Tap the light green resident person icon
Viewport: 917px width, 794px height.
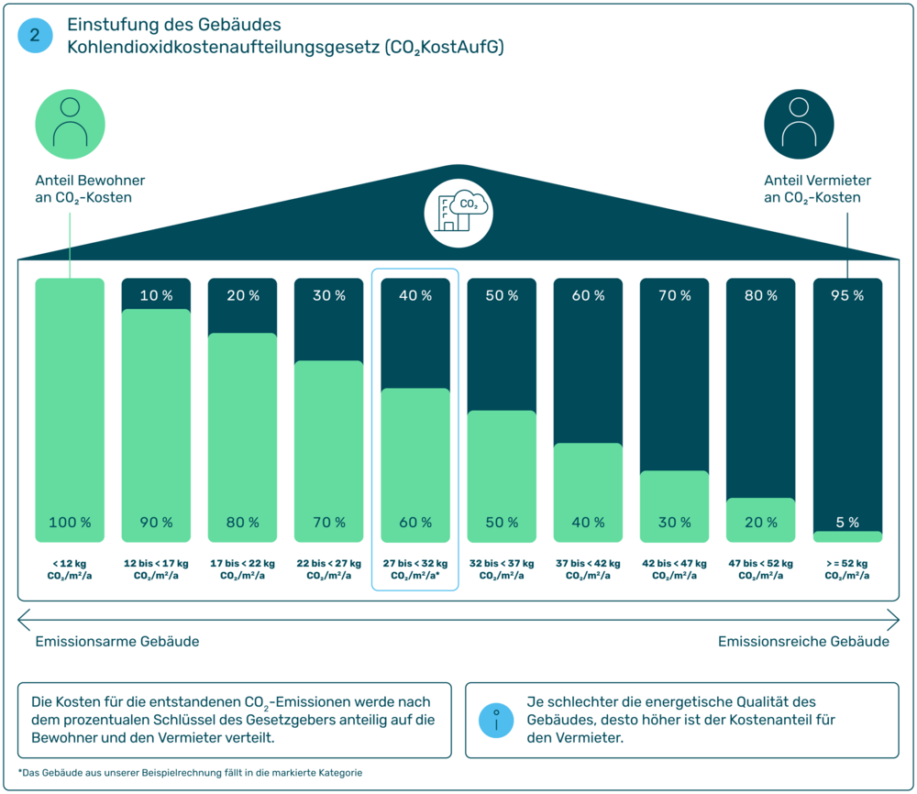tap(71, 125)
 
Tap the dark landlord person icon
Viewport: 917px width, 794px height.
tap(800, 125)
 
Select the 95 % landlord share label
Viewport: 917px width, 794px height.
tap(847, 296)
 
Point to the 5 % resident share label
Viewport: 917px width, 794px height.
tap(847, 523)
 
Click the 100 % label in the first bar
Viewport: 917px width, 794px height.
tap(70, 523)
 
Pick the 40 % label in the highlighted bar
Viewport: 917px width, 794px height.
tap(415, 296)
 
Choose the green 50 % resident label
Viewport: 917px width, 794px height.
tap(502, 523)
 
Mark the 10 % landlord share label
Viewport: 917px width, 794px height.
tap(156, 296)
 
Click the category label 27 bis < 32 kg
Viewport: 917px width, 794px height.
tap(415, 564)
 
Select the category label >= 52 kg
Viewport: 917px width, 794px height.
tap(847, 564)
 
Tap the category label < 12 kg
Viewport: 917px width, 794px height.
tap(70, 564)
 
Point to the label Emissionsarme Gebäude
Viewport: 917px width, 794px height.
tap(117, 642)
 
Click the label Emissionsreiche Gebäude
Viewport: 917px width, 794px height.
tap(803, 642)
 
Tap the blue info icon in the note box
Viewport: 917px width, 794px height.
tap(496, 720)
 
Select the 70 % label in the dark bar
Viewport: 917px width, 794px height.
tap(674, 296)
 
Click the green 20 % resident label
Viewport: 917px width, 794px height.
tap(760, 523)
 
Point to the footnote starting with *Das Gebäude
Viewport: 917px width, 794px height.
tap(190, 773)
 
